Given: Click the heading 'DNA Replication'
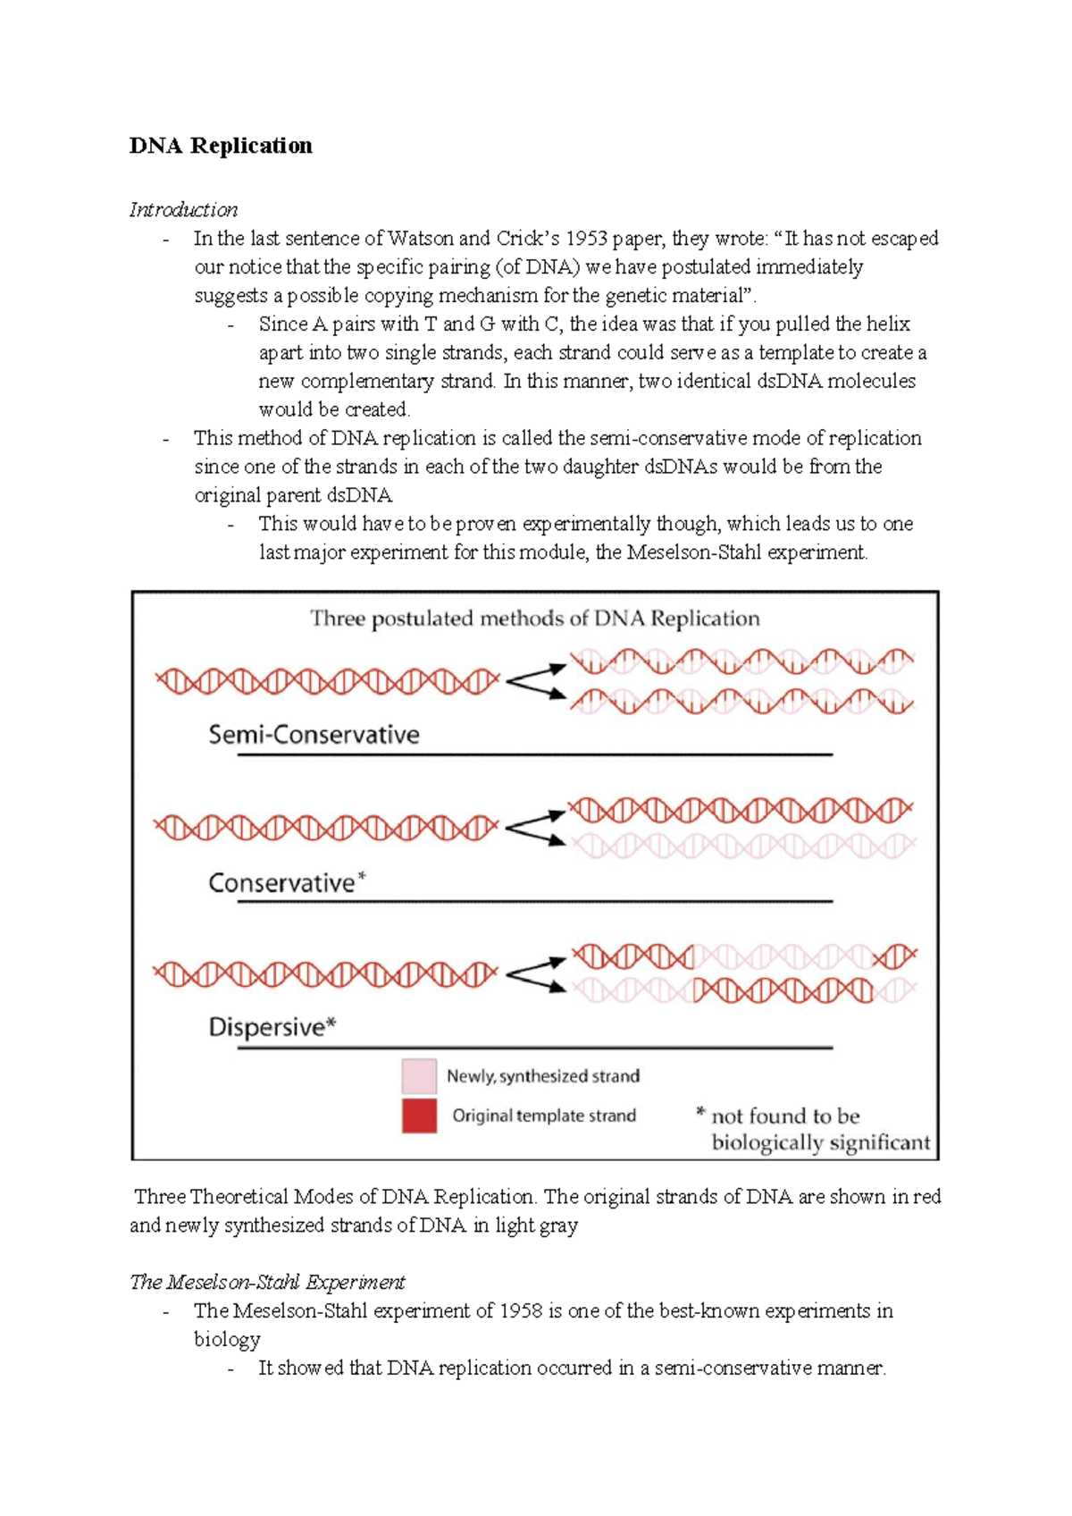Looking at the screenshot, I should (x=221, y=146).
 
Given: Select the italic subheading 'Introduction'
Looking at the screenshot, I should (x=183, y=210).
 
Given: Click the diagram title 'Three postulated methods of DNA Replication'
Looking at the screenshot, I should (x=534, y=619).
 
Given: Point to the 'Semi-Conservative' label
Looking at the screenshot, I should (x=314, y=735).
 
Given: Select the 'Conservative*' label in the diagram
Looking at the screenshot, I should (x=287, y=883).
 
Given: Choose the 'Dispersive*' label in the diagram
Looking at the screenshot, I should (x=272, y=1027).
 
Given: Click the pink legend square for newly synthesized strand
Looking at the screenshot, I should (x=419, y=1076).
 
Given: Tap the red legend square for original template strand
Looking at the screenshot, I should (x=419, y=1116).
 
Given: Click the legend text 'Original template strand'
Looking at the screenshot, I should (x=544, y=1116).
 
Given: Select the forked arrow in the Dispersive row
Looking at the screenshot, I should (x=535, y=974).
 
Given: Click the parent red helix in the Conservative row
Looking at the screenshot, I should (x=326, y=828).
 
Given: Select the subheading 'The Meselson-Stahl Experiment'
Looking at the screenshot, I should (x=267, y=1283).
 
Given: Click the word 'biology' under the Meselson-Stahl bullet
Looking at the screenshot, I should (x=227, y=1340).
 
